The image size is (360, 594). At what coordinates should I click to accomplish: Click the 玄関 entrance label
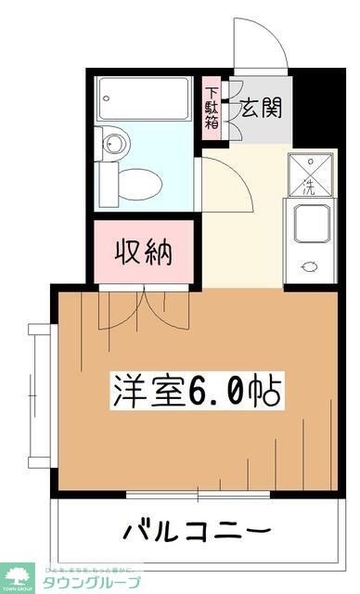260,108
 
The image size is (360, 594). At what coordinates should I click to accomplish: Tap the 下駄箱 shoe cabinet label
212,108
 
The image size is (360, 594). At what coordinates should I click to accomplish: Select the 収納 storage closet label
143,252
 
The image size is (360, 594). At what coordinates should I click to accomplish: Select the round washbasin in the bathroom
114,144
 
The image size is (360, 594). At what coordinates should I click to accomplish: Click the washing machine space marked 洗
311,174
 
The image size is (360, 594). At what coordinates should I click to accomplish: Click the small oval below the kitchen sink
311,267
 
